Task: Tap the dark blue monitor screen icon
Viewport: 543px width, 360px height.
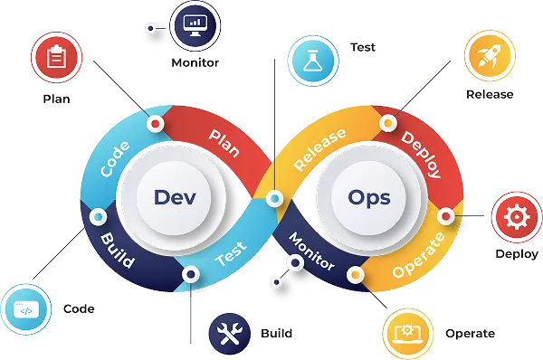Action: pos(194,25)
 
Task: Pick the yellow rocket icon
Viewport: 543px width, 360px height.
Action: pos(489,57)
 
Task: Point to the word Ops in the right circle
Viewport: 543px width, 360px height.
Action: pos(367,196)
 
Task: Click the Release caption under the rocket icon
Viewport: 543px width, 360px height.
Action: pos(490,95)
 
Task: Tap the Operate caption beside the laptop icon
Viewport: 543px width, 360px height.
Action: pos(470,334)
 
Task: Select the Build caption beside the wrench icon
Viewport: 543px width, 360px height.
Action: pos(276,334)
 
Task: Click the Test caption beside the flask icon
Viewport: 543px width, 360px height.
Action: pos(362,47)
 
